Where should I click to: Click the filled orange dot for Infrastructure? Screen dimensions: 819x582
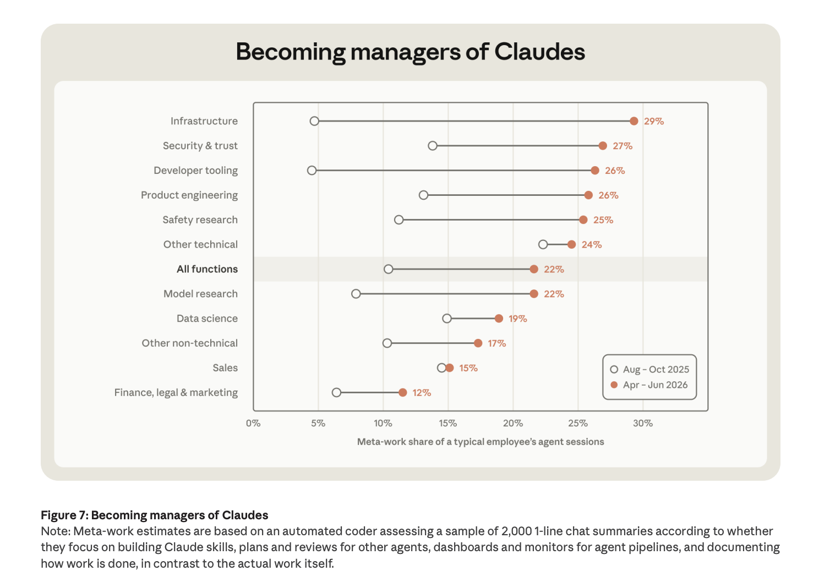click(634, 121)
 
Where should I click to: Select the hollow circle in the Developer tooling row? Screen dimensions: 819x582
click(312, 171)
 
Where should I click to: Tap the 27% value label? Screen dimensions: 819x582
click(623, 146)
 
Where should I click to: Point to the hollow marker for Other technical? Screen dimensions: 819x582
click(543, 244)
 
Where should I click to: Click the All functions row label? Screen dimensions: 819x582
click(208, 269)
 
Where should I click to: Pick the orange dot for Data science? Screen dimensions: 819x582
click(499, 319)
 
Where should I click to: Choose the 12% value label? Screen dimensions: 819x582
click(422, 393)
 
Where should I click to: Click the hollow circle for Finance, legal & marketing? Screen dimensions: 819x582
click(336, 393)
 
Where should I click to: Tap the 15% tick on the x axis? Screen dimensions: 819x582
click(448, 424)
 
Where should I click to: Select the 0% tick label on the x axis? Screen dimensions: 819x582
click(253, 424)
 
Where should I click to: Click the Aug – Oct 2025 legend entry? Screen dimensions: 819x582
click(649, 370)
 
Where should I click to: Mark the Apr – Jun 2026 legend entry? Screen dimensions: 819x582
click(649, 385)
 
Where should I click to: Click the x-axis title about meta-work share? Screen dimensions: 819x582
click(481, 442)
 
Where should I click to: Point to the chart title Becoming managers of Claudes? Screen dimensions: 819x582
click(410, 52)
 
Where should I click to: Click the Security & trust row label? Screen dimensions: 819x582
click(200, 146)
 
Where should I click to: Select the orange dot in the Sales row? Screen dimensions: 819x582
click(450, 368)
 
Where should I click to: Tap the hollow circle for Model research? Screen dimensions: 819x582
click(356, 294)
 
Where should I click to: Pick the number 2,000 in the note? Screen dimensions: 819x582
click(517, 531)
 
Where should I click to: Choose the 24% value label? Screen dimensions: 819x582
click(592, 245)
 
